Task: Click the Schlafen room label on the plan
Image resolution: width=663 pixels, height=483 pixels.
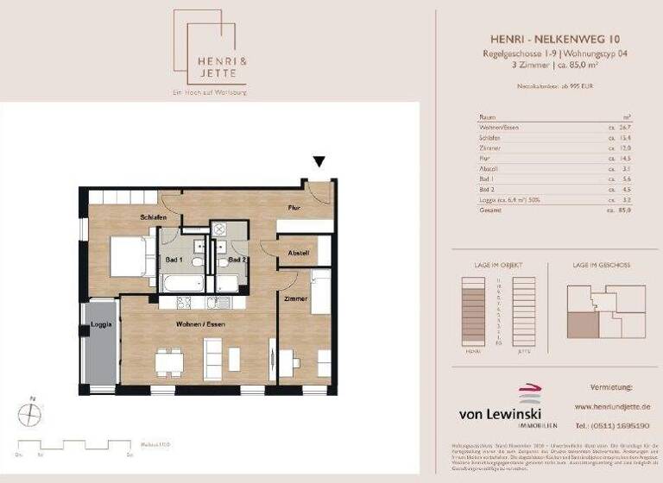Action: click(152, 218)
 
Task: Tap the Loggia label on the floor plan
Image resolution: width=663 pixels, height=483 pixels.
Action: click(101, 325)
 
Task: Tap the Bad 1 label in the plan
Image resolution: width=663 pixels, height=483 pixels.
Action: click(174, 260)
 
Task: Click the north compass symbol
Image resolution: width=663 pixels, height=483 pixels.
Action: click(28, 415)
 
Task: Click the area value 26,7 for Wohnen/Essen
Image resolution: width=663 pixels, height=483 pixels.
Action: click(625, 128)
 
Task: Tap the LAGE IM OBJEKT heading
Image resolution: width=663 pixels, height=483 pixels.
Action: click(495, 266)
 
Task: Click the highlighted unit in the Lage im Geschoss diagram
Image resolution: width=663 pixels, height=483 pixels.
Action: click(581, 325)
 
